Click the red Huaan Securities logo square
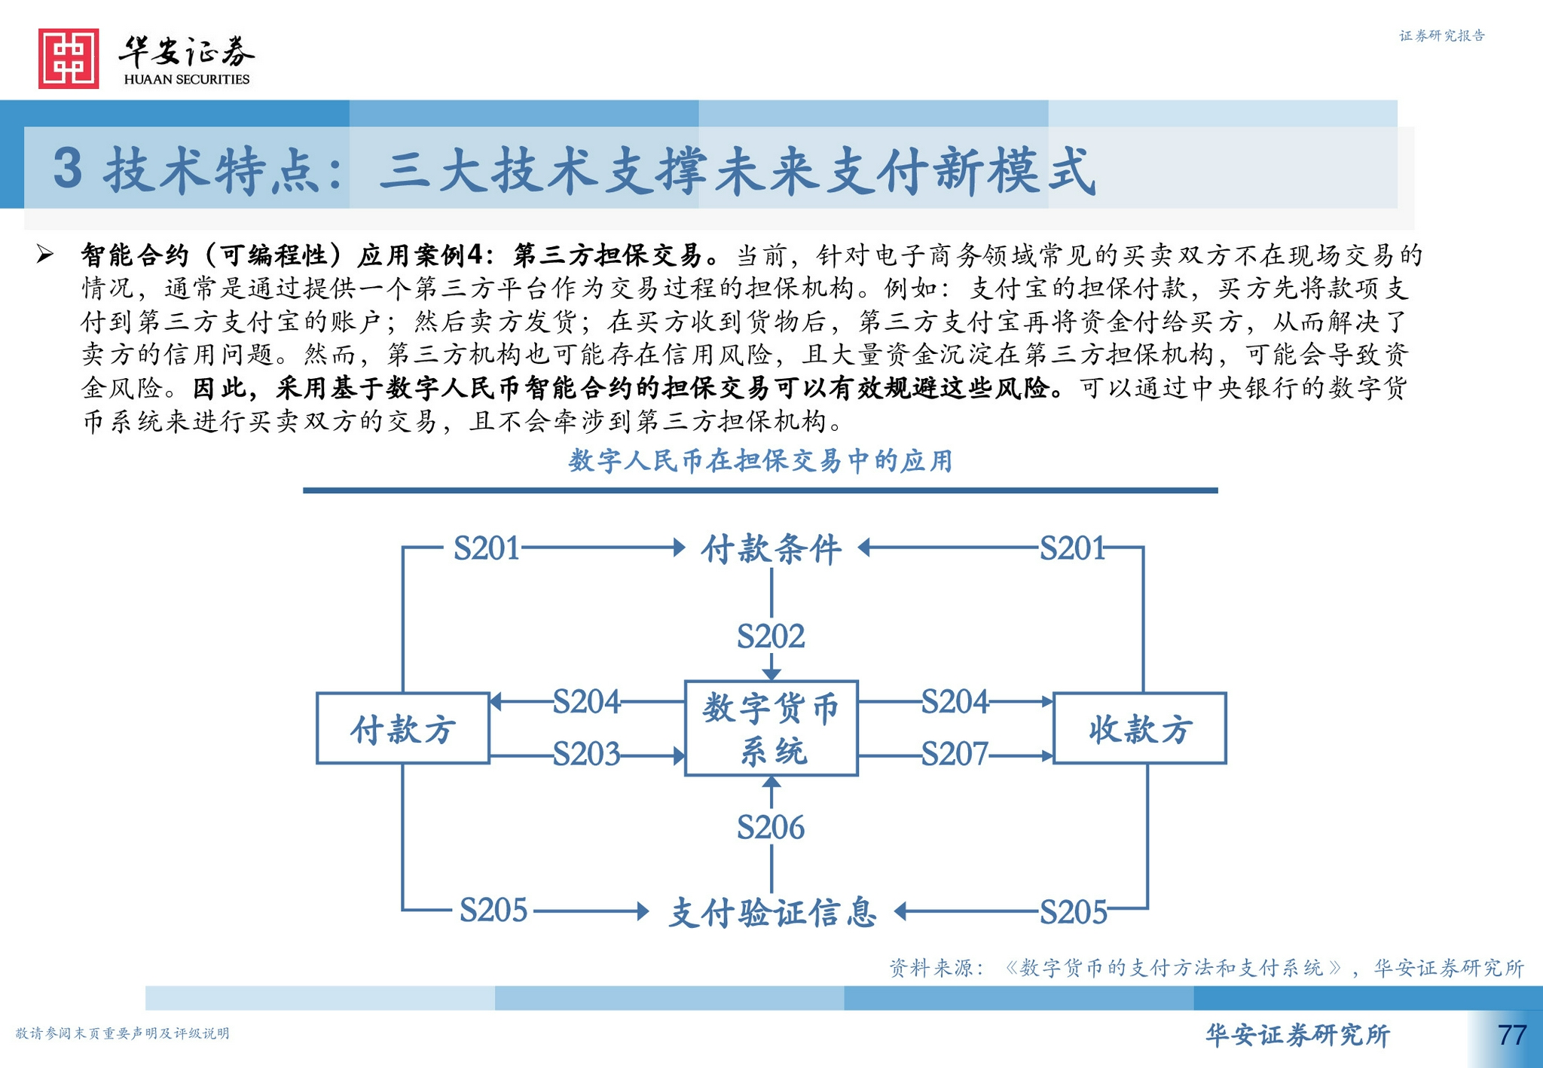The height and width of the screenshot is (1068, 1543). pos(69,59)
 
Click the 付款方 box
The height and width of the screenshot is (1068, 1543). pos(403,728)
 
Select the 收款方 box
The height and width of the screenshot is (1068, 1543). pos(1139,728)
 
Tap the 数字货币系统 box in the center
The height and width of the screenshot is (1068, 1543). pos(771,728)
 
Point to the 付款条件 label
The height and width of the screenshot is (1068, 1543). pos(771,549)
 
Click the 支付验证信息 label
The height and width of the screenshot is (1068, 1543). pos(772,912)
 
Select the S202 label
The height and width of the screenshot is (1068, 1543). pos(771,636)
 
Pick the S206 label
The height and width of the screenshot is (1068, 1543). pos(771,828)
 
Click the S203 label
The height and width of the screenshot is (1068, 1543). pos(586,754)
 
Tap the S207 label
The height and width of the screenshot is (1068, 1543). pos(955,754)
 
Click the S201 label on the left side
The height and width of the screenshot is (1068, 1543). pos(487,548)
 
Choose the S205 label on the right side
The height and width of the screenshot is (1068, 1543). pos(1073,912)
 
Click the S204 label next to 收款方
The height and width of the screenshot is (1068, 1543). pos(955,702)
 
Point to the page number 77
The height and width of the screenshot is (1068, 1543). pos(1511,1035)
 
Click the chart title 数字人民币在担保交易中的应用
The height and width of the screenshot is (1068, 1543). pos(760,461)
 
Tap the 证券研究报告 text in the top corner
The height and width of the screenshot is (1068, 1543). pos(1441,35)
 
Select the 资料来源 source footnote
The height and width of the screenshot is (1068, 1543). pos(1206,968)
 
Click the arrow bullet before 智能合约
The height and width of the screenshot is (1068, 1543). pos(45,255)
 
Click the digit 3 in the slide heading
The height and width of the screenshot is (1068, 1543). pos(68,169)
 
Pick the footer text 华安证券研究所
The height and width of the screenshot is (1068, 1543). pos(1297,1035)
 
